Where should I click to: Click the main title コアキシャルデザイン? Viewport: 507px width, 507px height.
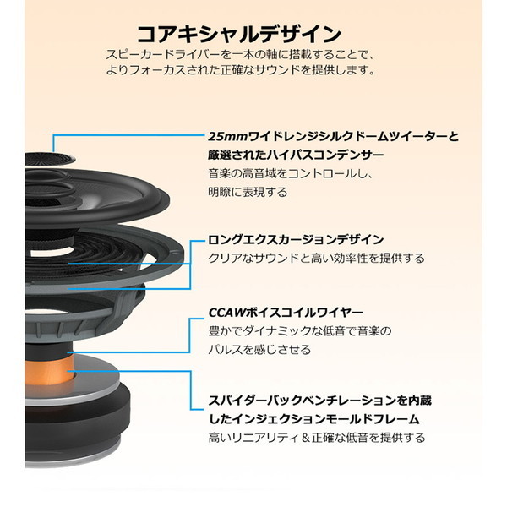(239, 35)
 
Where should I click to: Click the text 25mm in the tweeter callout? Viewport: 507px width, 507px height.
(227, 136)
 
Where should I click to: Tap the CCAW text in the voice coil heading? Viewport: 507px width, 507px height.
(226, 313)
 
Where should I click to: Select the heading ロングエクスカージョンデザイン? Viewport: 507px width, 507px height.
(296, 240)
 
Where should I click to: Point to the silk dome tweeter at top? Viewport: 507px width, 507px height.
(50, 160)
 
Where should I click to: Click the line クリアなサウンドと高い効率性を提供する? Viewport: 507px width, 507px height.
(316, 259)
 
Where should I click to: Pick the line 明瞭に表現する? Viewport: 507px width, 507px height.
(248, 192)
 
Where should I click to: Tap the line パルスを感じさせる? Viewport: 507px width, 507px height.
(259, 350)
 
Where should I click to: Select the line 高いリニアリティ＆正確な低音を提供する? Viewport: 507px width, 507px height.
(317, 438)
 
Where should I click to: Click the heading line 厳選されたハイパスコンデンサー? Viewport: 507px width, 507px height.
(296, 155)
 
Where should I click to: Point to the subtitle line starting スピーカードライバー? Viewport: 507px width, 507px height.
(240, 54)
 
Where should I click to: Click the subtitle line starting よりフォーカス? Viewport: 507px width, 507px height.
(240, 70)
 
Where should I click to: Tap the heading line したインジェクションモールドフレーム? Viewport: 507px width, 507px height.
(314, 419)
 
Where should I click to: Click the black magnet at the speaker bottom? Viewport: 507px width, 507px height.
(78, 420)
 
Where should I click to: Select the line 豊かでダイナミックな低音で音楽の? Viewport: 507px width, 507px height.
(300, 331)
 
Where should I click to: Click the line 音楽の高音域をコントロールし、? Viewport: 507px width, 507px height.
(291, 173)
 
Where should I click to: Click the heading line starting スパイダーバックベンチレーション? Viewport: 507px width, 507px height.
(319, 401)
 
